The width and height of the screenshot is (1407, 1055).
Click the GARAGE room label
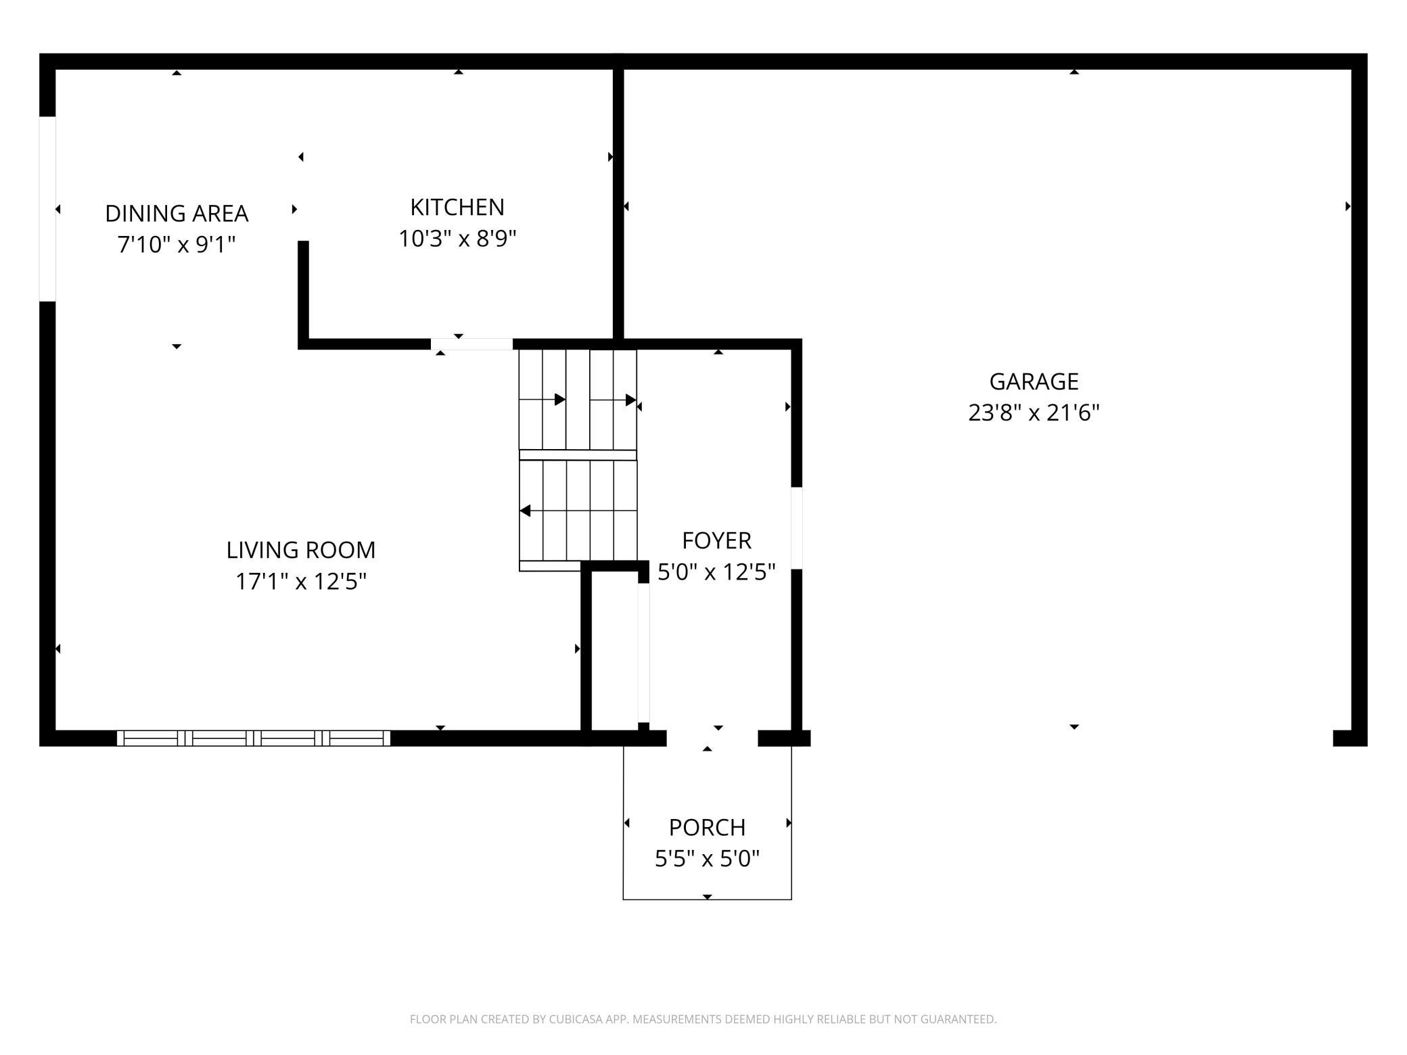click(1034, 381)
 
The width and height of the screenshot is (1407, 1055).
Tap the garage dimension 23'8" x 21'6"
click(1034, 413)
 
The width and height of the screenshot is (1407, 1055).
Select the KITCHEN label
click(457, 207)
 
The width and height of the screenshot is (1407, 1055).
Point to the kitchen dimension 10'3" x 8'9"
click(457, 238)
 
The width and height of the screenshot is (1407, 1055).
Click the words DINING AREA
click(177, 214)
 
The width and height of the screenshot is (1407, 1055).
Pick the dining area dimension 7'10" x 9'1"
click(177, 244)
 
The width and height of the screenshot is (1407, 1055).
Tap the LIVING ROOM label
click(301, 550)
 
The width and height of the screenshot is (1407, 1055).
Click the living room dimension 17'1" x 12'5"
click(301, 581)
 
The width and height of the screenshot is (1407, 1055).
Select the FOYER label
click(716, 541)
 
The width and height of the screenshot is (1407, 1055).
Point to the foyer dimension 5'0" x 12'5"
click(716, 572)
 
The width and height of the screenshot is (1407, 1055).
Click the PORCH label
click(707, 828)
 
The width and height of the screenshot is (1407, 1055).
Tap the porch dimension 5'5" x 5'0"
click(707, 859)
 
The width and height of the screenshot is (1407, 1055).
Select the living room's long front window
click(254, 738)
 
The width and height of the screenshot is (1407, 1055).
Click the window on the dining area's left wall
click(47, 209)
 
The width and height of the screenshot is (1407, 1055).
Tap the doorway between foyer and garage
click(797, 528)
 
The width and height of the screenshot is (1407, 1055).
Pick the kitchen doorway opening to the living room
click(471, 344)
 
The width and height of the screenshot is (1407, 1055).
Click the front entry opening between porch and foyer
click(712, 738)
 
